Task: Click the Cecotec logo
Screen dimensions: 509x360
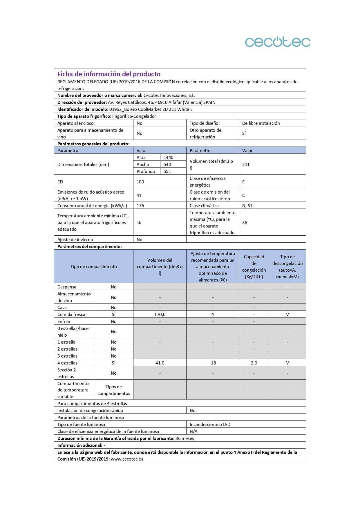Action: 277,42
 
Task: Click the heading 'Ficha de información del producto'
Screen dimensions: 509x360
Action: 109,74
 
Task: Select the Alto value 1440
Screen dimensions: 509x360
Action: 168,157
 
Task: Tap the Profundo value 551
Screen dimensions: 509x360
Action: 167,171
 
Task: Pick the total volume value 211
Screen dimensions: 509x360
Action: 246,164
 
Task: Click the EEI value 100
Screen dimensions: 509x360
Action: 140,182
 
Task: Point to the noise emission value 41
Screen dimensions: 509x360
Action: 139,195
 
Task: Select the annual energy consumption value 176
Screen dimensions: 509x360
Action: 140,205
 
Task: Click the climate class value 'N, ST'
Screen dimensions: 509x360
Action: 247,205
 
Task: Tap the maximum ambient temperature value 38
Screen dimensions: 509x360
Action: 245,222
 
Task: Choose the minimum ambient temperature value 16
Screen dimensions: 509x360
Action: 139,222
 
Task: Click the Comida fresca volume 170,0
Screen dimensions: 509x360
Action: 160,314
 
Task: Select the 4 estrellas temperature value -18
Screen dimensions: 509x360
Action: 213,363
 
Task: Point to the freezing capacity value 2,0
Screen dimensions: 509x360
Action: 254,363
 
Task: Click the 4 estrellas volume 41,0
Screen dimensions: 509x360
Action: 160,363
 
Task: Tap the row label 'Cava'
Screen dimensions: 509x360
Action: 62,307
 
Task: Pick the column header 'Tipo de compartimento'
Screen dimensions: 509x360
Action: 93,266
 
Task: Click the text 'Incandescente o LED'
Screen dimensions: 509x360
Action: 210,424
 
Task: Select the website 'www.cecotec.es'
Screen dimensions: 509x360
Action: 127,459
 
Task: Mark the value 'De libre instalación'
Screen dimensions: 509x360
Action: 261,123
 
